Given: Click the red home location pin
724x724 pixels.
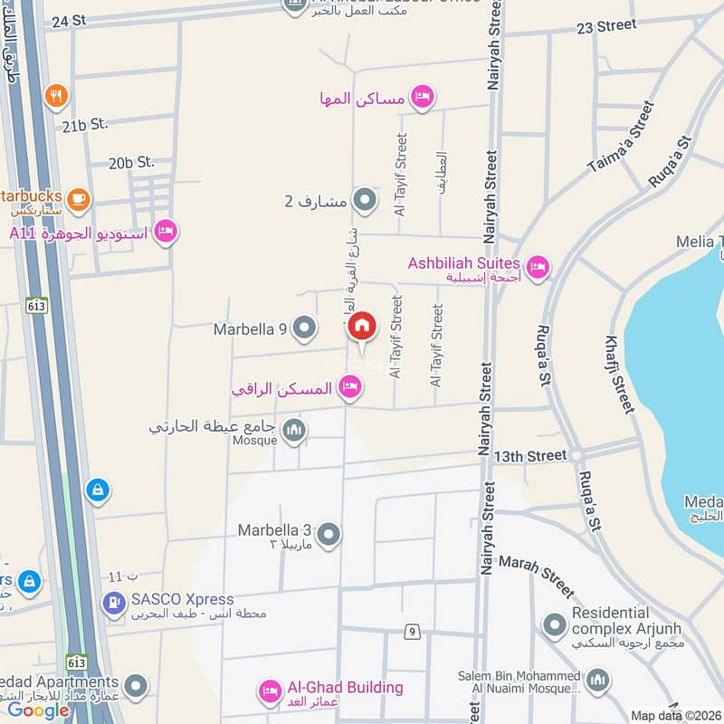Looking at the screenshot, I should (362, 327).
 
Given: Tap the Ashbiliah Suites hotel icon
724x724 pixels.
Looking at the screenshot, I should (538, 267).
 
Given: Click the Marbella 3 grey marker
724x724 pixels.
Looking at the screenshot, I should (329, 535).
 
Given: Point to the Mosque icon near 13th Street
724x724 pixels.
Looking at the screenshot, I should (293, 431).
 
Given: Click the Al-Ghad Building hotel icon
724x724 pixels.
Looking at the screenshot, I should (269, 692).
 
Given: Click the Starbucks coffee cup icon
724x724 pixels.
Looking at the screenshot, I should (78, 197).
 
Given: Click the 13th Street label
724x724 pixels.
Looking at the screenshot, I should (529, 455).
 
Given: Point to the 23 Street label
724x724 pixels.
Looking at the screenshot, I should (606, 26).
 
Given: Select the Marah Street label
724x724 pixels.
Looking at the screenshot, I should (536, 576).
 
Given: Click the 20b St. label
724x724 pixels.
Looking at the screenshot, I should (132, 163).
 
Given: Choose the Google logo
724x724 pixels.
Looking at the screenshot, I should (38, 710).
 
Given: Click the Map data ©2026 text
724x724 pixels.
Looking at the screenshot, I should (673, 715).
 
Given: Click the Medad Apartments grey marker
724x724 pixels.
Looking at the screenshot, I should (136, 684).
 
